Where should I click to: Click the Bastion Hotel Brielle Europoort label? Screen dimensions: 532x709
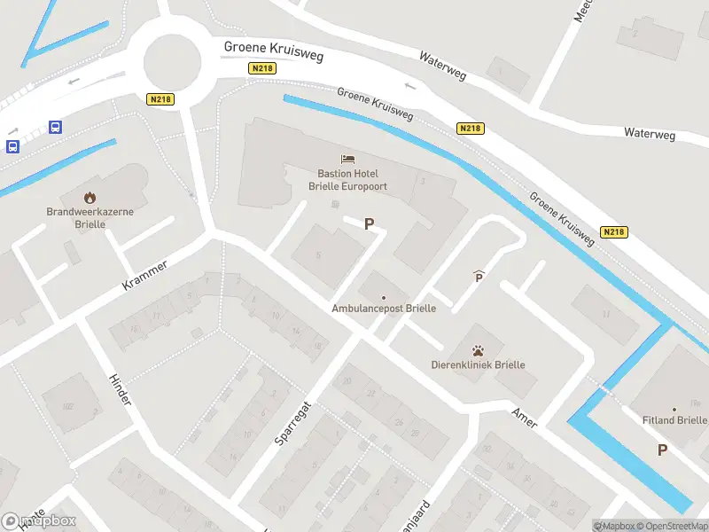353,180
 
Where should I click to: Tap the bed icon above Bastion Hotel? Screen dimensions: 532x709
348,160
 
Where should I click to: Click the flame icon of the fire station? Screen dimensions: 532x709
89,197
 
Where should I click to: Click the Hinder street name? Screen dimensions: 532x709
120,390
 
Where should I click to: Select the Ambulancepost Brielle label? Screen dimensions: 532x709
383,309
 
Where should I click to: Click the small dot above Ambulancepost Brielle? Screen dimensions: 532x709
383,297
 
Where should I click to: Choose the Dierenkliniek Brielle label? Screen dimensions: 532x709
478,364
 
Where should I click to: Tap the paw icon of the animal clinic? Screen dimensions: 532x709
478,350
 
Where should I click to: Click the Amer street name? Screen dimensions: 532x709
525,419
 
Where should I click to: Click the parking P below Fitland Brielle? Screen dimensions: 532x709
662,450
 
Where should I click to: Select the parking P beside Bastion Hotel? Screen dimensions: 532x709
369,224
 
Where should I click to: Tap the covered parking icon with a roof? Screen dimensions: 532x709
479,278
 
